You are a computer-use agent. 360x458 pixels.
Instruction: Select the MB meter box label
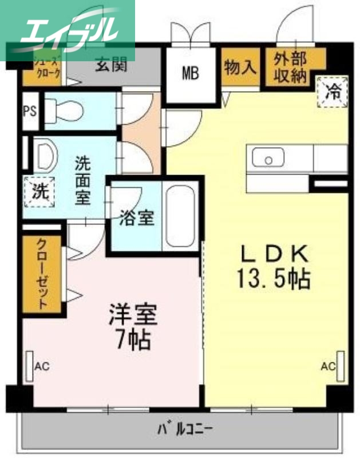point(191,73)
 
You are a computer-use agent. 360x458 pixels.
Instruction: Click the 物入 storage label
point(240,67)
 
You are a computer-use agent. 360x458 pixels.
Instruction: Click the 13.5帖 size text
point(274,279)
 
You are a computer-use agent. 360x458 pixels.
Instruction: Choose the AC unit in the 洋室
point(30,365)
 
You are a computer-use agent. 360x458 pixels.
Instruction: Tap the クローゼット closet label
point(42,274)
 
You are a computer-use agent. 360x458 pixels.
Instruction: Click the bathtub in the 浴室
point(179,215)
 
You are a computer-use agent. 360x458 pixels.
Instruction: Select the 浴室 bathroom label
point(137,218)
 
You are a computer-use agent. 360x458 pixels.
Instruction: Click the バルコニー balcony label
point(184,428)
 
